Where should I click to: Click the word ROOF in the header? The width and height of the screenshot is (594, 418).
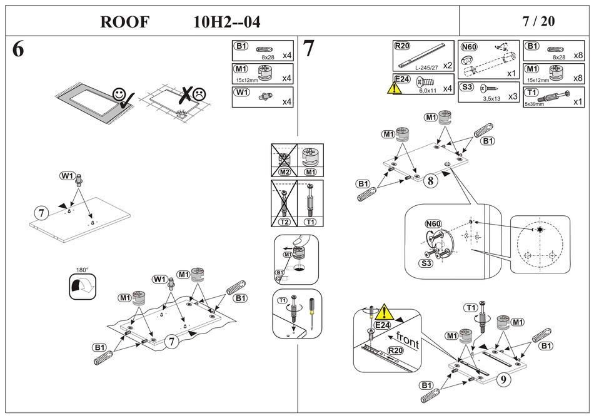(124, 22)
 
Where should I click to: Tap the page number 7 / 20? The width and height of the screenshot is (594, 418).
(538, 21)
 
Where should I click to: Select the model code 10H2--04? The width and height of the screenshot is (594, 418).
(227, 22)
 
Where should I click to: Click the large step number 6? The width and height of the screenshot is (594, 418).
(18, 50)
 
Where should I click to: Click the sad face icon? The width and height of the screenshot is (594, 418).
(199, 94)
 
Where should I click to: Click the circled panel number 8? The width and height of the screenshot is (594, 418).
(430, 181)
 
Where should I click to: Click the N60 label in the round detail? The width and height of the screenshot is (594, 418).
(433, 223)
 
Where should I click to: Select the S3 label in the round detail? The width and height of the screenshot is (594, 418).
(426, 263)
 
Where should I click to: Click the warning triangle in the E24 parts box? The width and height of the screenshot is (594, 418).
(396, 88)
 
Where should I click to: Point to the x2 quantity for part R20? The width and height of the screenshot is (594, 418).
(447, 65)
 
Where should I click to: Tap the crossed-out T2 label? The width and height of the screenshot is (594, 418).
(283, 222)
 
